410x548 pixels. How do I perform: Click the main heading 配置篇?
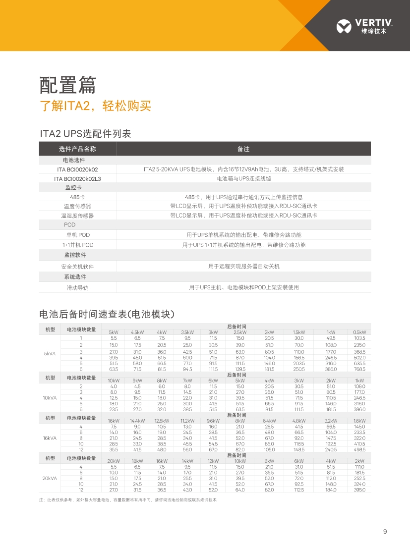point(67,86)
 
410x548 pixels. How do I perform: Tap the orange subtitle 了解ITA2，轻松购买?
point(95,106)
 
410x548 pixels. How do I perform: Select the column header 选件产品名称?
point(77,149)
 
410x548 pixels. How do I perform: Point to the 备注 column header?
point(243,149)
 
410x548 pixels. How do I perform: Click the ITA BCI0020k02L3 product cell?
point(77,178)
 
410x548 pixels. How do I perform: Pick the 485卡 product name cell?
point(77,197)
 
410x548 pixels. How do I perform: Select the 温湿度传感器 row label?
point(77,216)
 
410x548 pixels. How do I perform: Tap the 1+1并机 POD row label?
point(77,245)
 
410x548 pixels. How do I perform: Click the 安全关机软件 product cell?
point(77,267)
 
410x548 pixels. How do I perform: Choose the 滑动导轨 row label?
point(77,287)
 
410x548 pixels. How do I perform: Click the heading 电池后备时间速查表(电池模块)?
point(107,314)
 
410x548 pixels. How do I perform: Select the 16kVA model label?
point(50,438)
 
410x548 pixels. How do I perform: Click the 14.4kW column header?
point(137,421)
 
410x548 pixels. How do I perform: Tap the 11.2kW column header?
point(187,421)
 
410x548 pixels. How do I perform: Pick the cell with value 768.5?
point(359,369)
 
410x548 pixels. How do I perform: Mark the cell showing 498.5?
point(359,449)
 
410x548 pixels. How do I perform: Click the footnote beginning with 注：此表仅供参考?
point(128,500)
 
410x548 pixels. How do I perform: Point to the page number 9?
point(385,532)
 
